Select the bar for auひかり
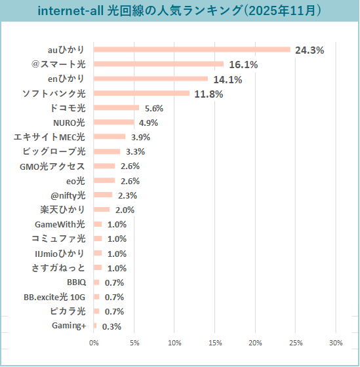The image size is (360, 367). point(191,49)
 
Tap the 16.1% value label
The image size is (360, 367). point(243,65)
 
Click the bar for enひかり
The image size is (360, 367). point(151,79)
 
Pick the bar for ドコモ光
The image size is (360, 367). point(117,107)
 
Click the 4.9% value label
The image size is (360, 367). point(148,123)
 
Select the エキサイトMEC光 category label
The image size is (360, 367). point(50,137)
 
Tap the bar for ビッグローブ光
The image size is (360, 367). point(108,151)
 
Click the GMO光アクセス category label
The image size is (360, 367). point(52,166)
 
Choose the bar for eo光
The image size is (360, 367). point(104,180)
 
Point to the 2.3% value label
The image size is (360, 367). point(127,195)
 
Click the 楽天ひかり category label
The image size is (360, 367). point(63,210)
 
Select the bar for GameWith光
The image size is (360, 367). point(98,224)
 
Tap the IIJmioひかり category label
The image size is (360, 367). point(60,253)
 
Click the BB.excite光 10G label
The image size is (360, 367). point(54,297)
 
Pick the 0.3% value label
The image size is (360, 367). point(111,326)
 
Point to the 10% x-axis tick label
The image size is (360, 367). point(174,343)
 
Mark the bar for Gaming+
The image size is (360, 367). point(95,326)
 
